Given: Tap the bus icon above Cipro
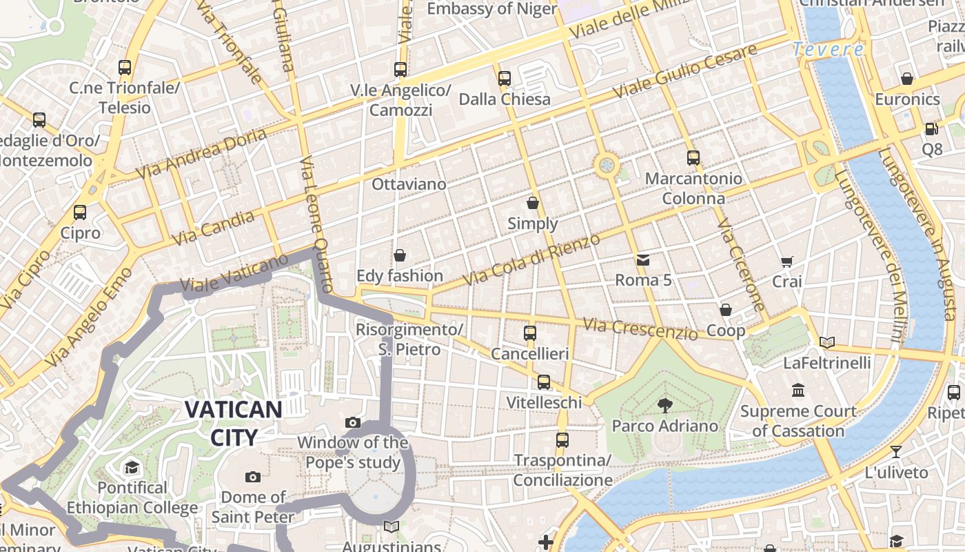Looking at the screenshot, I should coord(80,213).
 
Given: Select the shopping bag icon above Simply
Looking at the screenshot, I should coord(533,203).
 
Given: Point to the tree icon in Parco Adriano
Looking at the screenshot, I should coord(665,405).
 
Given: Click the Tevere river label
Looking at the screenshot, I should coord(828,50).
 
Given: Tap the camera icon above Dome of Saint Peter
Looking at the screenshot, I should coord(253,477).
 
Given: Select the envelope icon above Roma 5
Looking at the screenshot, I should coord(643,260).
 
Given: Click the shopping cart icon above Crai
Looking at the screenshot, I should coord(787,262).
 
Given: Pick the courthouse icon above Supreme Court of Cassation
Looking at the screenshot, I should coord(798,391).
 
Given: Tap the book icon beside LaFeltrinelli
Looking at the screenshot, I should coord(827,342).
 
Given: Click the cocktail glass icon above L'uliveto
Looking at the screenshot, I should coord(895,452).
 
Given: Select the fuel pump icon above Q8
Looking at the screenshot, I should coord(931,129).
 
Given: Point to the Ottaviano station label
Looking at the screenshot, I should coord(409,184).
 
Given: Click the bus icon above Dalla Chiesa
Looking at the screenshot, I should coord(505,79).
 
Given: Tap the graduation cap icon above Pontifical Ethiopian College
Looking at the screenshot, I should coord(132,468).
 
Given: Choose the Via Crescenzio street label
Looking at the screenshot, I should coord(640,328).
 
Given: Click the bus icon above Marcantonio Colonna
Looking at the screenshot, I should coord(693,158).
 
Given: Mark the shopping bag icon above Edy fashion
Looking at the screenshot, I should coord(400,255).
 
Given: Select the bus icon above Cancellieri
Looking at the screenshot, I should coord(530,333).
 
